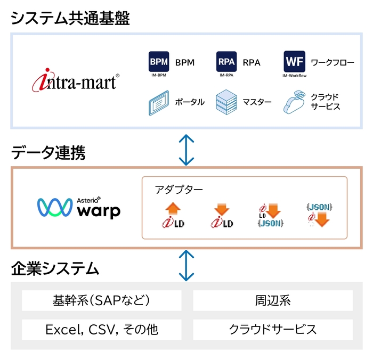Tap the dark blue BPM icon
pyautogui.click(x=159, y=62)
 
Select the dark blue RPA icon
pyautogui.click(x=226, y=62)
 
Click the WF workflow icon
pyautogui.click(x=294, y=62)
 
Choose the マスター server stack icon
pyautogui.click(x=226, y=102)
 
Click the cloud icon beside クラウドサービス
pyautogui.click(x=294, y=102)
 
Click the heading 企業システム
pyautogui.click(x=55, y=268)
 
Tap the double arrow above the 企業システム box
pyautogui.click(x=186, y=265)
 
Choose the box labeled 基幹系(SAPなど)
pyautogui.click(x=102, y=300)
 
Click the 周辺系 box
pyautogui.click(x=272, y=300)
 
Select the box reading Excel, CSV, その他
pyautogui.click(x=102, y=329)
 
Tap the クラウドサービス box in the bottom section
pyautogui.click(x=272, y=329)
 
